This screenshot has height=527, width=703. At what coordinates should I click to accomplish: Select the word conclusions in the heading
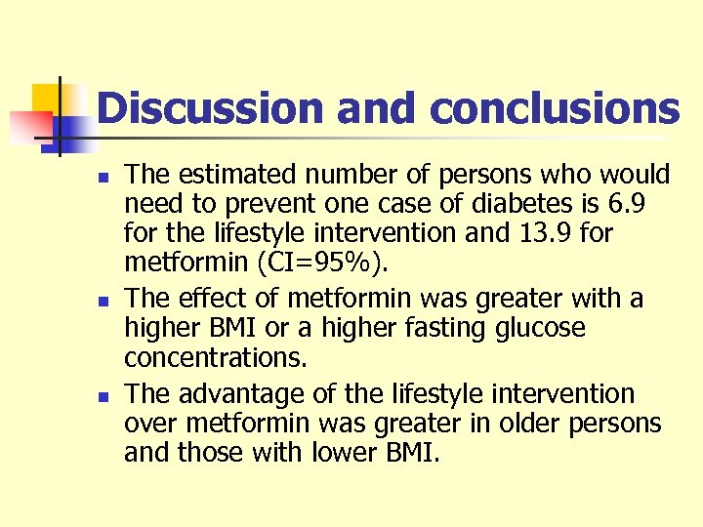[x=555, y=108]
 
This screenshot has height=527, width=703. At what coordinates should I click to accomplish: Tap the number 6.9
[x=644, y=204]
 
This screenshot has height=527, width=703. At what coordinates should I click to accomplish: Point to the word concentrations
[x=216, y=357]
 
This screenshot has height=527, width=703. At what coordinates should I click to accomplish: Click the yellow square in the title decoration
[x=46, y=97]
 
